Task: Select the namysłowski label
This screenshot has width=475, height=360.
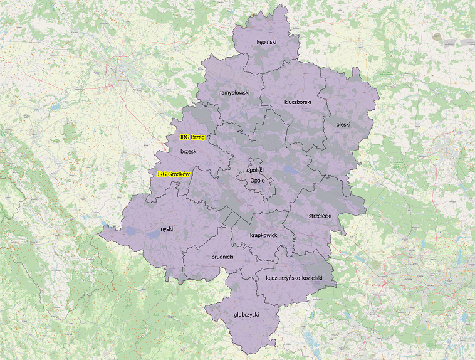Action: click(234, 93)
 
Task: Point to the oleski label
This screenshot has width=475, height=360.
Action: click(343, 124)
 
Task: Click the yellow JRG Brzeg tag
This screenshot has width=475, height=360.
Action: click(192, 137)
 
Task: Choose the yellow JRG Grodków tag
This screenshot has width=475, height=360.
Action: click(173, 174)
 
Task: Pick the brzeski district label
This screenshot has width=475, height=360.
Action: click(189, 152)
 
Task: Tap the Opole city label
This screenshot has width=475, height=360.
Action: click(258, 180)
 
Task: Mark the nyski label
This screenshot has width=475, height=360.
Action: click(166, 229)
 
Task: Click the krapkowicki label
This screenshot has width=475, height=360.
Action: click(263, 235)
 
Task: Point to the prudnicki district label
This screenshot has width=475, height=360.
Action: click(222, 257)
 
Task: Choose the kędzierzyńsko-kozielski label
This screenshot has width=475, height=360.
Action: click(294, 277)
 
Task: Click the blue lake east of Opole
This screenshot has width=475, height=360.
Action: click(290, 169)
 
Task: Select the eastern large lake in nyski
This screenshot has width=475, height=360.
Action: click(152, 234)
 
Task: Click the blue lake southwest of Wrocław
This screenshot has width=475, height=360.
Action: click(55, 107)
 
